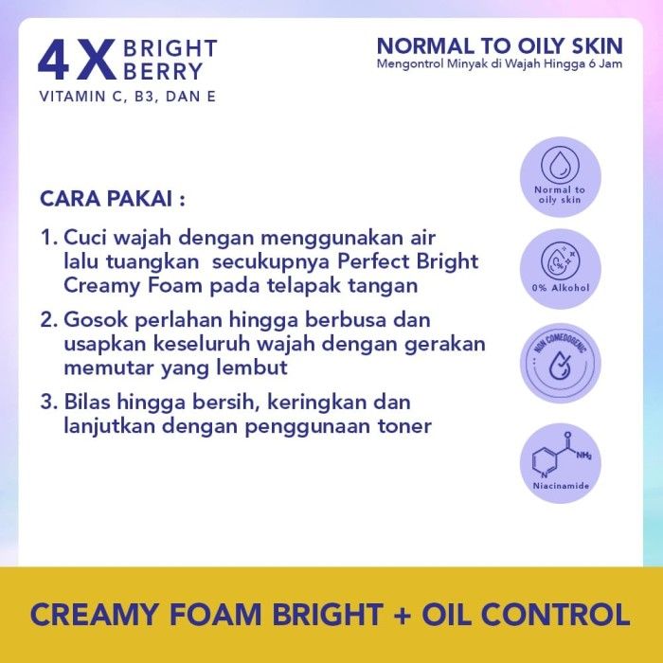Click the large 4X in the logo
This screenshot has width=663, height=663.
[x=77, y=60]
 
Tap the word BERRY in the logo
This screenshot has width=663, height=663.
[x=163, y=71]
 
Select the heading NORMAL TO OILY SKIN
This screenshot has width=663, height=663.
[x=499, y=46]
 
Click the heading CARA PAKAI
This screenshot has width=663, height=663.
[x=113, y=198]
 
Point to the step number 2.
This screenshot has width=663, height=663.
[x=48, y=320]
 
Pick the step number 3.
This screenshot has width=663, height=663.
[x=48, y=402]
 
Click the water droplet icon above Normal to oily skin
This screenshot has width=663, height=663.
[x=560, y=164]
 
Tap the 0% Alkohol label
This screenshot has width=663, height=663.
[x=561, y=288]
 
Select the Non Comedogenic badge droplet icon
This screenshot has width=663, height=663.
[x=560, y=366]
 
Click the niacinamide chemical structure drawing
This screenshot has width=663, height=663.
[x=562, y=456]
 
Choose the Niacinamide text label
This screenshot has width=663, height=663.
[x=561, y=485]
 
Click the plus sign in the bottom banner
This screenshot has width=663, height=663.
[x=403, y=616]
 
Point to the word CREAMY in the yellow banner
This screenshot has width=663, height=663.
[x=94, y=615]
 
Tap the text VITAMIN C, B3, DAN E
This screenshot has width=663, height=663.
[x=127, y=97]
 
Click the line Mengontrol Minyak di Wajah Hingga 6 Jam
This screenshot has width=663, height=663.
[x=499, y=63]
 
